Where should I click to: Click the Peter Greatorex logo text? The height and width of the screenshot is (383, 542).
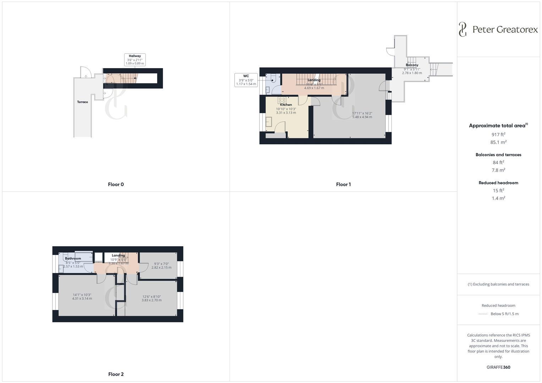[x=505, y=29]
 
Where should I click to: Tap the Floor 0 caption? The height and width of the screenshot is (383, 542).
[x=116, y=184]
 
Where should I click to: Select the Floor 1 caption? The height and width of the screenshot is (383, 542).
[x=343, y=184]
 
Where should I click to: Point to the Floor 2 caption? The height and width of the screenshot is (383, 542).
[x=116, y=374]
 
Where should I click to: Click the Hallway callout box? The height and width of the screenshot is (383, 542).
[x=135, y=60]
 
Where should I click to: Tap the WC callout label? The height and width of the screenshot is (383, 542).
[x=246, y=80]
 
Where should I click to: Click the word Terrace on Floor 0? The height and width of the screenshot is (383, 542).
[x=82, y=102]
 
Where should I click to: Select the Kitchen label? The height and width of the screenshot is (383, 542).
[x=286, y=105]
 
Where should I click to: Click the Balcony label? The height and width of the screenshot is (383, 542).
[x=412, y=65]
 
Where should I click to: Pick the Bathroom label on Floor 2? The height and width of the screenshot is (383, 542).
[x=73, y=259]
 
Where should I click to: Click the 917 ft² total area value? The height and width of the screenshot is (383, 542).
[x=498, y=134]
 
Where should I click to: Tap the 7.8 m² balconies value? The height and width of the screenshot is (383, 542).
[x=498, y=170]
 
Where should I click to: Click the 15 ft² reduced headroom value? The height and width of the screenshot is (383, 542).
[x=498, y=190]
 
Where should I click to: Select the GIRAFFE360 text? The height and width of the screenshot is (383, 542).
[x=498, y=367]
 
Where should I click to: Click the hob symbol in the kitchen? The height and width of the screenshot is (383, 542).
[x=282, y=100]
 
